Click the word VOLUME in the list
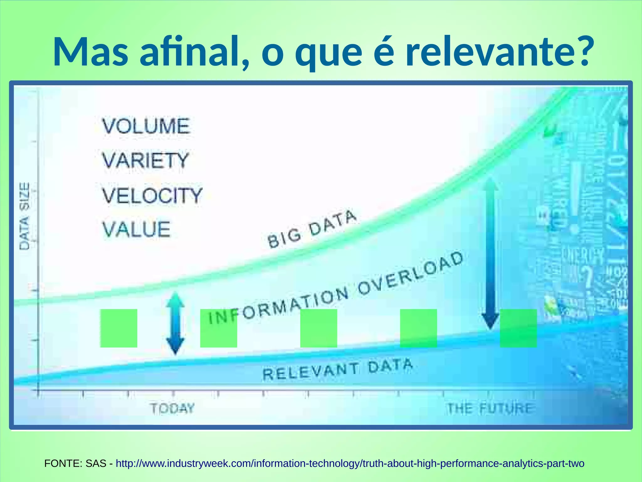click(146, 126)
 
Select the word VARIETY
click(145, 160)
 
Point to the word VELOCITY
click(152, 195)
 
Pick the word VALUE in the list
click(136, 229)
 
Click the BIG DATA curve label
click(312, 229)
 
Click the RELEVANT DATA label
click(337, 370)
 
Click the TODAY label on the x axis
click(172, 408)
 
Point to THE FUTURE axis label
click(489, 408)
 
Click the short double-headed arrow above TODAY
click(175, 323)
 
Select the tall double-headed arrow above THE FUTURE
click(490, 254)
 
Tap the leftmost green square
click(118, 328)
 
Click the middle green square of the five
click(318, 328)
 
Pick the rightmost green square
click(518, 328)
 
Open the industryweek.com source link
click(350, 463)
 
